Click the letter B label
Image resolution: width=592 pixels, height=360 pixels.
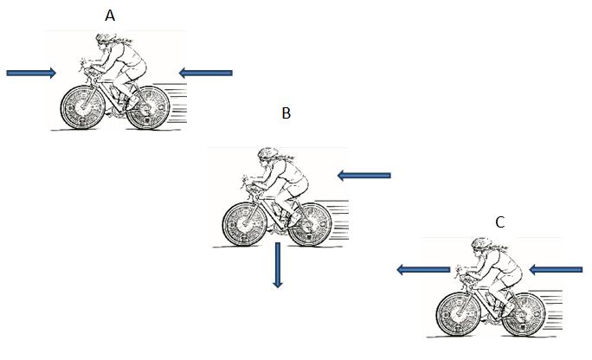tap(286, 113)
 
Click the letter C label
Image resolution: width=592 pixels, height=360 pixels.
tap(499, 222)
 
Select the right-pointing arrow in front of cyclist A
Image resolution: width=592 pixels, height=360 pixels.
tap(31, 73)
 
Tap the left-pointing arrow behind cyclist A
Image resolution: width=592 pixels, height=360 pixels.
tap(206, 73)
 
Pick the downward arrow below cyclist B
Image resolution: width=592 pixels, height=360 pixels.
tap(278, 265)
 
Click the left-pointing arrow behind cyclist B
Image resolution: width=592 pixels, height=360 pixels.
tap(364, 176)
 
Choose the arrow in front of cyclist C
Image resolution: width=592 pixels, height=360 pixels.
tap(422, 270)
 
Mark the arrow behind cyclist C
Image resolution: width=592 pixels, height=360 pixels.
tap(556, 270)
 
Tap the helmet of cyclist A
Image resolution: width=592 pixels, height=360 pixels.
tap(106, 40)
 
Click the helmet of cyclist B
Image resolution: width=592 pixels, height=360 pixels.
tap(267, 154)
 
